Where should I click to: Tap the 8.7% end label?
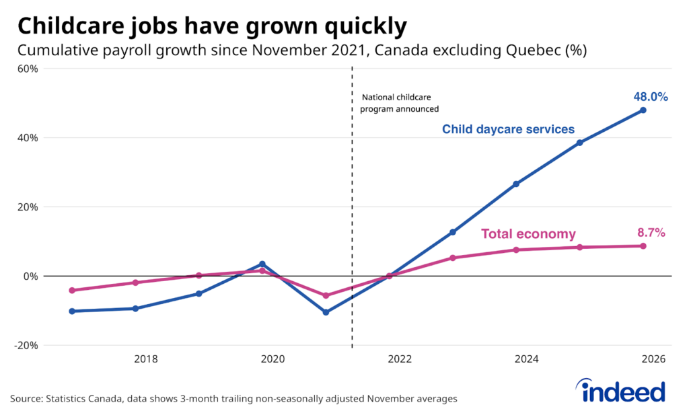651,233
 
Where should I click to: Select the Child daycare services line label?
508,129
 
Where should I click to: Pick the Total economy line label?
528,234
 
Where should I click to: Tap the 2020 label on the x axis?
273,360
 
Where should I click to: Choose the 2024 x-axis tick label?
526,360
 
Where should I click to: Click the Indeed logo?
621,390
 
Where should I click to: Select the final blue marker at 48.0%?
643,110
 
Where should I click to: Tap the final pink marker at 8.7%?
643,246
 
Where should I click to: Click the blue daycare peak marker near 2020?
262,264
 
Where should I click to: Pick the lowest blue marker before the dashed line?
326,312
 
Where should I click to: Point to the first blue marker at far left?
72,311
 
